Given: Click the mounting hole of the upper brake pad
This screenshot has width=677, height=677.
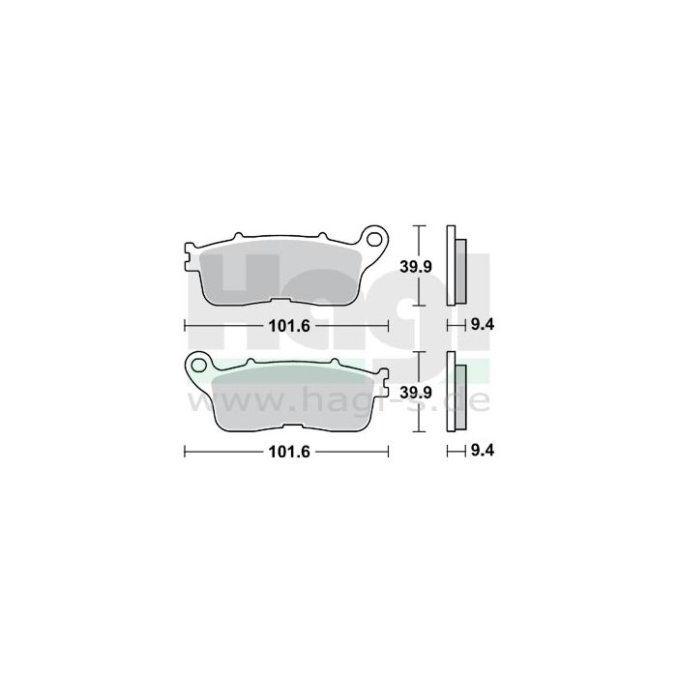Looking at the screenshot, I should point(376,235).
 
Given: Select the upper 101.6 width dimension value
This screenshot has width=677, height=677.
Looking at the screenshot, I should point(286,325).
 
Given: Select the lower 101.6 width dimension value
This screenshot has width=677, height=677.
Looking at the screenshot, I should point(286,452).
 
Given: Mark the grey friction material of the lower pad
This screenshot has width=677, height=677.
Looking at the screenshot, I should point(290,401).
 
